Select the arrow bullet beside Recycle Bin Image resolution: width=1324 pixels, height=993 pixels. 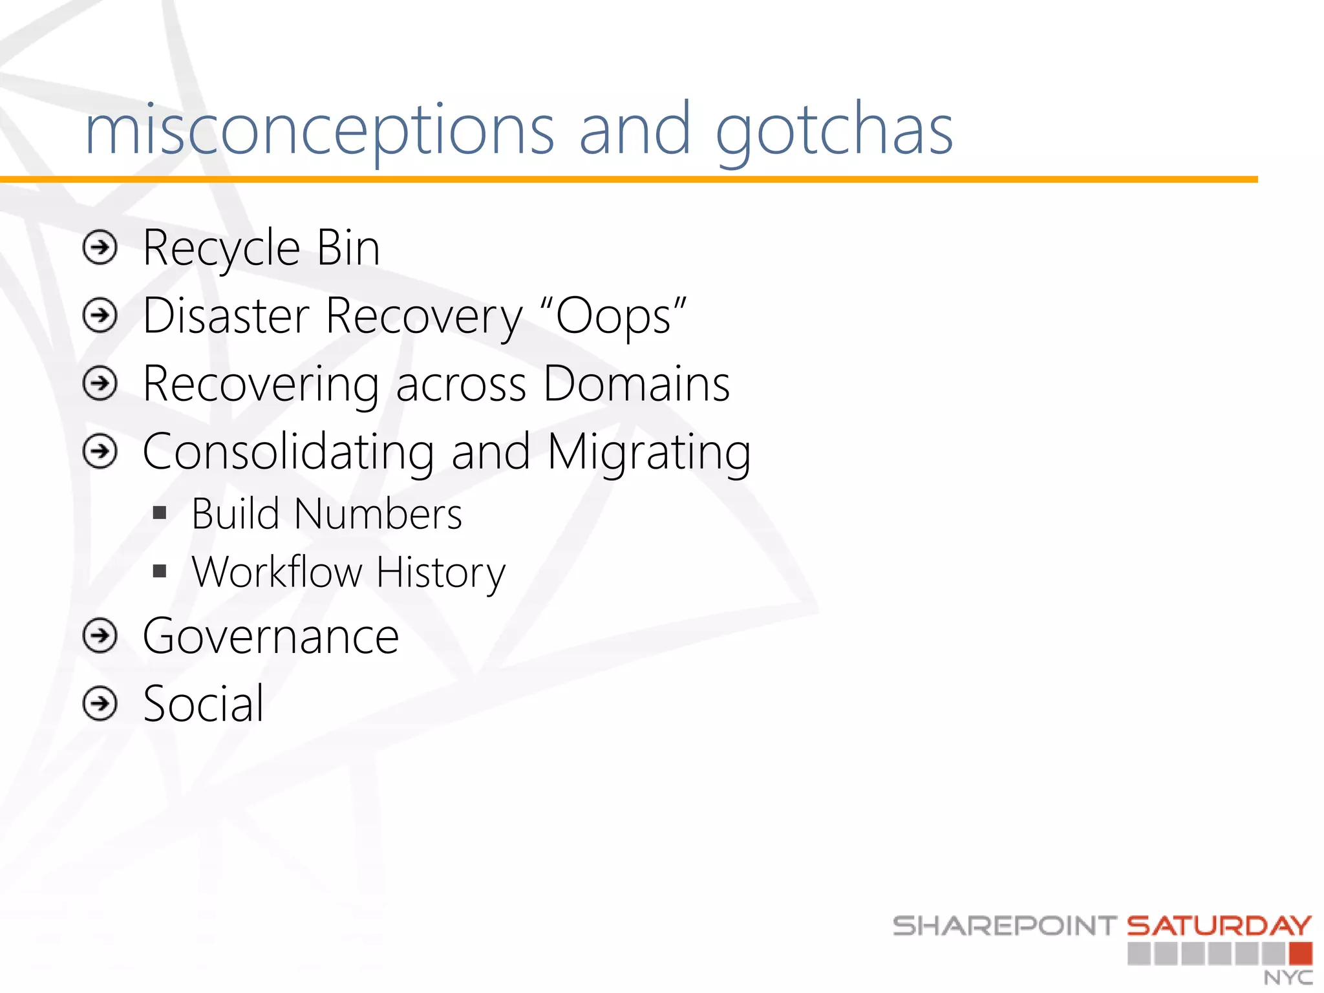[x=100, y=248]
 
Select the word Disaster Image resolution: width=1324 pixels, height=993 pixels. [x=226, y=317]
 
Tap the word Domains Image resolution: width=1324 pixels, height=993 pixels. [x=637, y=384]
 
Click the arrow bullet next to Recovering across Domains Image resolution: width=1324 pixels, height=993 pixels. [x=100, y=384]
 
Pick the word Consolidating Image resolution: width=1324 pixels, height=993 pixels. [x=288, y=452]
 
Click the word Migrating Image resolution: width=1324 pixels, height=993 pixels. [x=649, y=453]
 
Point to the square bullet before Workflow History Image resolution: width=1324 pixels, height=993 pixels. [x=160, y=571]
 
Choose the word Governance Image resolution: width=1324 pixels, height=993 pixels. [x=271, y=637]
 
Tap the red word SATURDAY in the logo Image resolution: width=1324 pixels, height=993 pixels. [x=1219, y=926]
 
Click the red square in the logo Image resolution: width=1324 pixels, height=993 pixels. [x=1300, y=954]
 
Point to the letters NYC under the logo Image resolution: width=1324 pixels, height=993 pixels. [x=1288, y=977]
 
